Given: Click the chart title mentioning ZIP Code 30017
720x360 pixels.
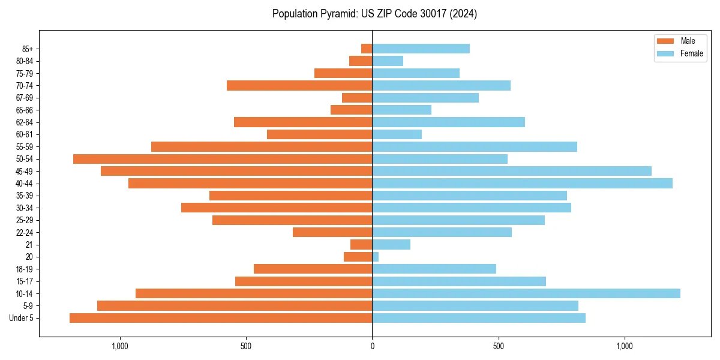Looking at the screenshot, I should pyautogui.click(x=374, y=14).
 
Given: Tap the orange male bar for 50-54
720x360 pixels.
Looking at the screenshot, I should pyautogui.click(x=223, y=159).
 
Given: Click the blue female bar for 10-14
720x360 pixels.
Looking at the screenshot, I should pyautogui.click(x=526, y=293).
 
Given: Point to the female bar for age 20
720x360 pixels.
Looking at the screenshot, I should pyautogui.click(x=376, y=257).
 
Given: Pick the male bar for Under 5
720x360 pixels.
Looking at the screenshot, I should pyautogui.click(x=221, y=318).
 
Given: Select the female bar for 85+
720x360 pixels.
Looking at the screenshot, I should pyautogui.click(x=421, y=49).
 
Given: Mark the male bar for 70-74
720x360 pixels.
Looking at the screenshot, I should pyautogui.click(x=299, y=85).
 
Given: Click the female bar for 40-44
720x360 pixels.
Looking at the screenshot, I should pyautogui.click(x=522, y=183).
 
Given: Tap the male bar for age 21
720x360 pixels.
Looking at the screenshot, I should pyautogui.click(x=361, y=244).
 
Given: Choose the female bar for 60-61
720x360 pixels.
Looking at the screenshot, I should pyautogui.click(x=397, y=134).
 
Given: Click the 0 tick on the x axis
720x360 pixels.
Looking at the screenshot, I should pyautogui.click(x=372, y=346).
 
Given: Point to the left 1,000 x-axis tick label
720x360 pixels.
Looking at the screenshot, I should pyautogui.click(x=120, y=346).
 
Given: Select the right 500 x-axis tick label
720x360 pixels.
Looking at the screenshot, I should pyautogui.click(x=498, y=346).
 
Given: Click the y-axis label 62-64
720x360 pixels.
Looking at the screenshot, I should pyautogui.click(x=25, y=122).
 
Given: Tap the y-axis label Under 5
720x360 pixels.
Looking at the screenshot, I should pyautogui.click(x=21, y=318).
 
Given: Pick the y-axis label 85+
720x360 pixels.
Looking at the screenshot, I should pyautogui.click(x=28, y=49).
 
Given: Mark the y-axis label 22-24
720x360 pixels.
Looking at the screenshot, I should pyautogui.click(x=25, y=232).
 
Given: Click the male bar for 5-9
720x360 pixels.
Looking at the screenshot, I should pyautogui.click(x=235, y=305).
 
